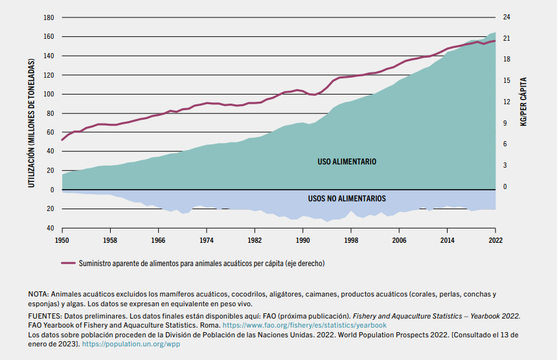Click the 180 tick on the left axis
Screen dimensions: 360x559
coord(49,17)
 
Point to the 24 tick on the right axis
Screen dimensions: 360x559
coord(507,17)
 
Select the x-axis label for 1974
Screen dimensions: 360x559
coord(207,240)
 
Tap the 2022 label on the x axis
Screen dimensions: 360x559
coord(495,240)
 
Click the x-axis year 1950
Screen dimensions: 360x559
coord(62,240)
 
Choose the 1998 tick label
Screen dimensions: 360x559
coord(351,240)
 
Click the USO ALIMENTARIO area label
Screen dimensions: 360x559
coord(347,161)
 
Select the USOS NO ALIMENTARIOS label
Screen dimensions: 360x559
coord(347,199)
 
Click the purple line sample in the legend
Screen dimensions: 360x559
coord(69,264)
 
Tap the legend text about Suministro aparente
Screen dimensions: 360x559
coord(201,264)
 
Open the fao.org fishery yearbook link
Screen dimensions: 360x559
coord(304,325)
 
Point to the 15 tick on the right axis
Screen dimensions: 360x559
coord(507,81)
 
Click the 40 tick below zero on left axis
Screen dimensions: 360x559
coord(49,228)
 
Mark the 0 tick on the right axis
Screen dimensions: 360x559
coord(507,187)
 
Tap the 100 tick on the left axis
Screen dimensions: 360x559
coord(49,95)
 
